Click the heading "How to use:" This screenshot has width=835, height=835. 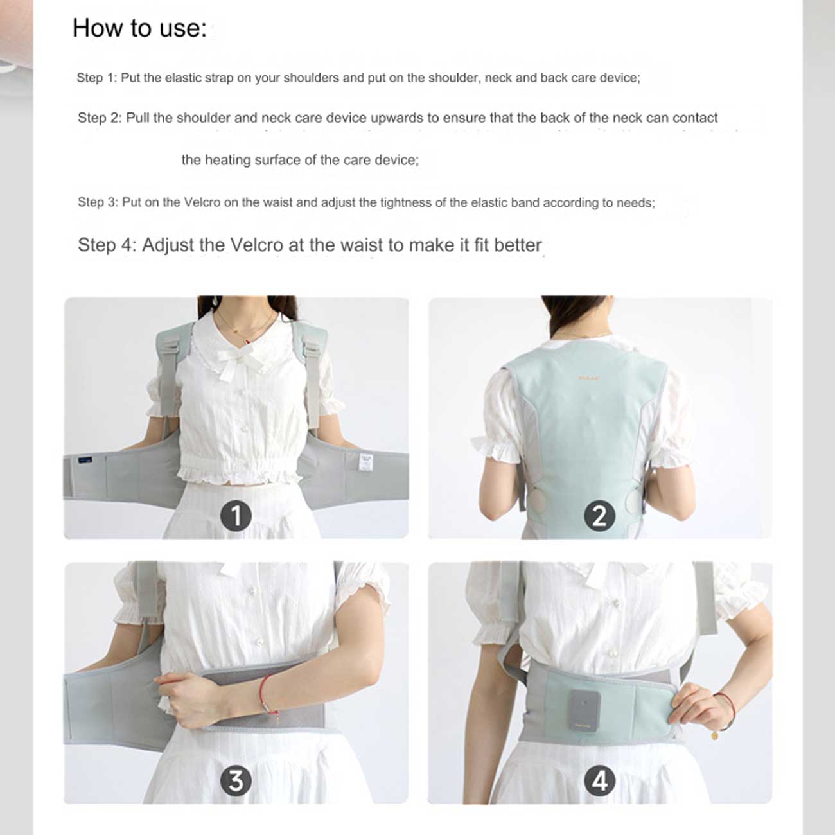click(x=139, y=29)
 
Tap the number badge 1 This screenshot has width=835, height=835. click(x=236, y=516)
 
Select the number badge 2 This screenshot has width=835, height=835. click(x=600, y=516)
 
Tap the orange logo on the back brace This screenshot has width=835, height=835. click(x=588, y=378)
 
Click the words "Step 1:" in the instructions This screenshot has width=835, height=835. click(x=97, y=78)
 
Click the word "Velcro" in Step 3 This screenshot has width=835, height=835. click(x=202, y=202)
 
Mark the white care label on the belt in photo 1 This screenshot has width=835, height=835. click(x=366, y=462)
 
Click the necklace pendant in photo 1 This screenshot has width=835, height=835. click(x=248, y=342)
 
